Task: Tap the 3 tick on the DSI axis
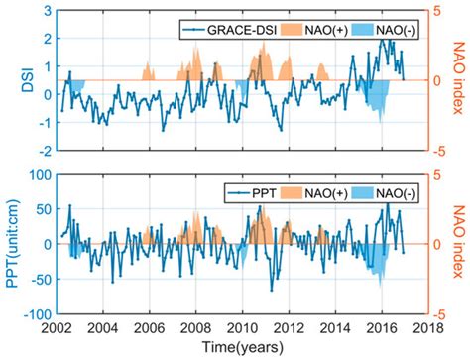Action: [45, 10]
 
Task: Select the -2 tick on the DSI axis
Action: [41, 151]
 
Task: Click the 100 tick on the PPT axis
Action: [38, 175]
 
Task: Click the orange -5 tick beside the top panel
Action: [441, 151]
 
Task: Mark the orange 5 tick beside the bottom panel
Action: [439, 175]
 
